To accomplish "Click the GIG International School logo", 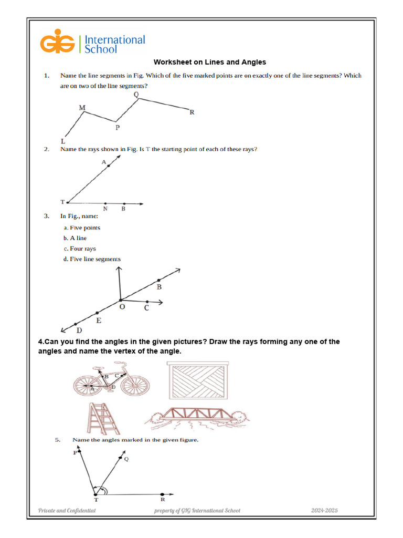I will tap(92, 44).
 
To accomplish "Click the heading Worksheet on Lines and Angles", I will tap(210, 63).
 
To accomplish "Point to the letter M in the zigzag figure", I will tap(82, 108).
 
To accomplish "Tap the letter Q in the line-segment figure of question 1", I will tap(136, 95).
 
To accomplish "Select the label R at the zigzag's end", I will tap(192, 112).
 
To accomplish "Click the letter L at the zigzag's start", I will tap(63, 141).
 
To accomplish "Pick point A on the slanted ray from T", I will tap(109, 165).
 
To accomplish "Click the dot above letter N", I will tap(105, 203).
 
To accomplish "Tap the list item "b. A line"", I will tap(75, 238).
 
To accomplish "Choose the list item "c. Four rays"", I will tap(80, 249).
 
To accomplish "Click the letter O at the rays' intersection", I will tap(122, 306).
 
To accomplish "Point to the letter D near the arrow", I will tap(79, 330).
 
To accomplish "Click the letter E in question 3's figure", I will tap(99, 320).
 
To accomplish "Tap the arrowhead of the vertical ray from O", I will tap(120, 269).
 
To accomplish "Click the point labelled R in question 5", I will tap(162, 494).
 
